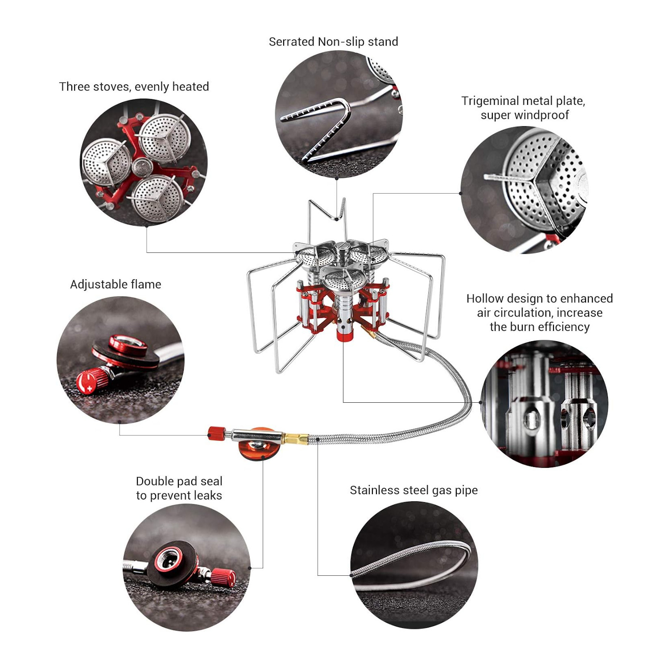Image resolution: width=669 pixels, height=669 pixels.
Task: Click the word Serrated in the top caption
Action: pos(292,42)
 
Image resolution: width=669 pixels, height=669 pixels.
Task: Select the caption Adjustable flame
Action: pos(116,285)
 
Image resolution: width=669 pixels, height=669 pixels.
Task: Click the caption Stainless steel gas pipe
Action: pos(413,490)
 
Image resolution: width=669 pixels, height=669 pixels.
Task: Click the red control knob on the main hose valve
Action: pos(216,433)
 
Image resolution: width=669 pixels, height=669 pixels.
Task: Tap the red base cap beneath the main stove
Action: pos(343,334)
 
